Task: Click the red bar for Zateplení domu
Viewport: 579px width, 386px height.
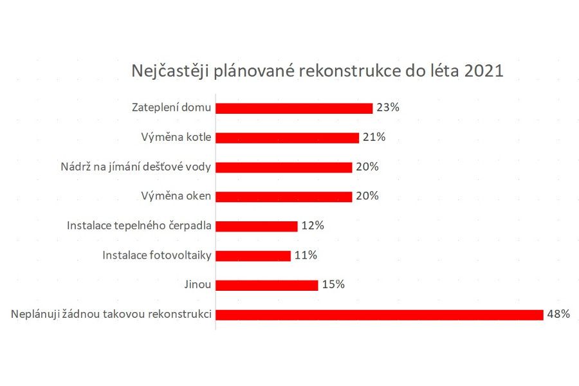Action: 294,108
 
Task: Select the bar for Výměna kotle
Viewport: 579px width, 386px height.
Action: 287,138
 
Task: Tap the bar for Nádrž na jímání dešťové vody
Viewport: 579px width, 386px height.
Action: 284,167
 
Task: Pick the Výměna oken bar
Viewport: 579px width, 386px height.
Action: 284,197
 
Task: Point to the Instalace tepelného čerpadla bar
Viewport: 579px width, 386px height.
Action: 257,226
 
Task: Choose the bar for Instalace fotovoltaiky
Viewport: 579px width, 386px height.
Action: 253,256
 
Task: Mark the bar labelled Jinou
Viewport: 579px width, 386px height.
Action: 267,285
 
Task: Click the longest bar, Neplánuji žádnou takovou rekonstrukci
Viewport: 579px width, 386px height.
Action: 380,315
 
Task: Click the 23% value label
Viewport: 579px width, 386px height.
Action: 389,107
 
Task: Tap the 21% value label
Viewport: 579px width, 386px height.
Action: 374,137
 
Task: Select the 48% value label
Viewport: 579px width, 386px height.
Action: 559,315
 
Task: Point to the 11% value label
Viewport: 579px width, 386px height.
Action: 306,255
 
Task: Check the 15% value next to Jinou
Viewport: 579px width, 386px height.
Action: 333,285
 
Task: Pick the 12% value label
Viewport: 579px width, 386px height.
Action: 313,226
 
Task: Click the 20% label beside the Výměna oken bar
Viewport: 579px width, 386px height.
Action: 367,196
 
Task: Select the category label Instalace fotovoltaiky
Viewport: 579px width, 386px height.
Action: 157,255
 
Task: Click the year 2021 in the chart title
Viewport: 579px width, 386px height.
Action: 483,70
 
